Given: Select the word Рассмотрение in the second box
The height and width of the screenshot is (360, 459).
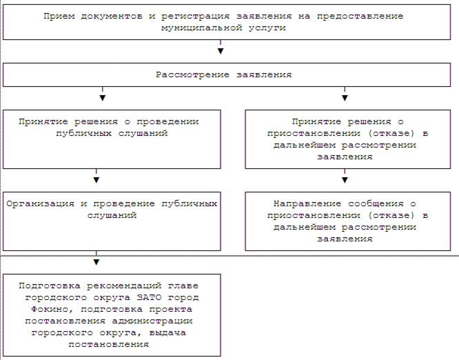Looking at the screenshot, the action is (x=192, y=75).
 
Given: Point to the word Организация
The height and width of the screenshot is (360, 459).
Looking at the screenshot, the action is (x=40, y=204).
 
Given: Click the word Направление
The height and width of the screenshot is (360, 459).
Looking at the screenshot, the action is (x=307, y=204).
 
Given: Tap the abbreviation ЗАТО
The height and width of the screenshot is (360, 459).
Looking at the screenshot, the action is (x=149, y=298).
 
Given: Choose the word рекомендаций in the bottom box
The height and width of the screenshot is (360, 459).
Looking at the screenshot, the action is (x=124, y=286).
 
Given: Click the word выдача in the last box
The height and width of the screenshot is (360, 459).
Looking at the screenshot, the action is (x=167, y=333).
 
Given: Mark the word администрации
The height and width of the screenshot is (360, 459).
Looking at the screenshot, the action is (x=152, y=321).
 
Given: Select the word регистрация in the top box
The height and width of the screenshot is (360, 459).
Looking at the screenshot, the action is (x=195, y=17).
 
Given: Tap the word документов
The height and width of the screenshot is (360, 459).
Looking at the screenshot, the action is (x=112, y=16).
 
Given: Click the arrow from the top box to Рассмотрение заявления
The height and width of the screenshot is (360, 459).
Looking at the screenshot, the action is (x=221, y=47).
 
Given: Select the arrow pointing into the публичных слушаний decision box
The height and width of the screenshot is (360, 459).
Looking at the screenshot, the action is (x=103, y=94).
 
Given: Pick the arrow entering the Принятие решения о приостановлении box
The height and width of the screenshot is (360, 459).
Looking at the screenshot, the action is (x=345, y=94).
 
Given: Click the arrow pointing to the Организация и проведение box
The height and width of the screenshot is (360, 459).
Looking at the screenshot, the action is (x=96, y=176).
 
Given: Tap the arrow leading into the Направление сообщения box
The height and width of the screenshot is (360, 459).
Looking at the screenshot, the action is (x=345, y=176).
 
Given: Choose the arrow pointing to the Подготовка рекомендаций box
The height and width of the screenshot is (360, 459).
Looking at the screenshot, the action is (x=96, y=258).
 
